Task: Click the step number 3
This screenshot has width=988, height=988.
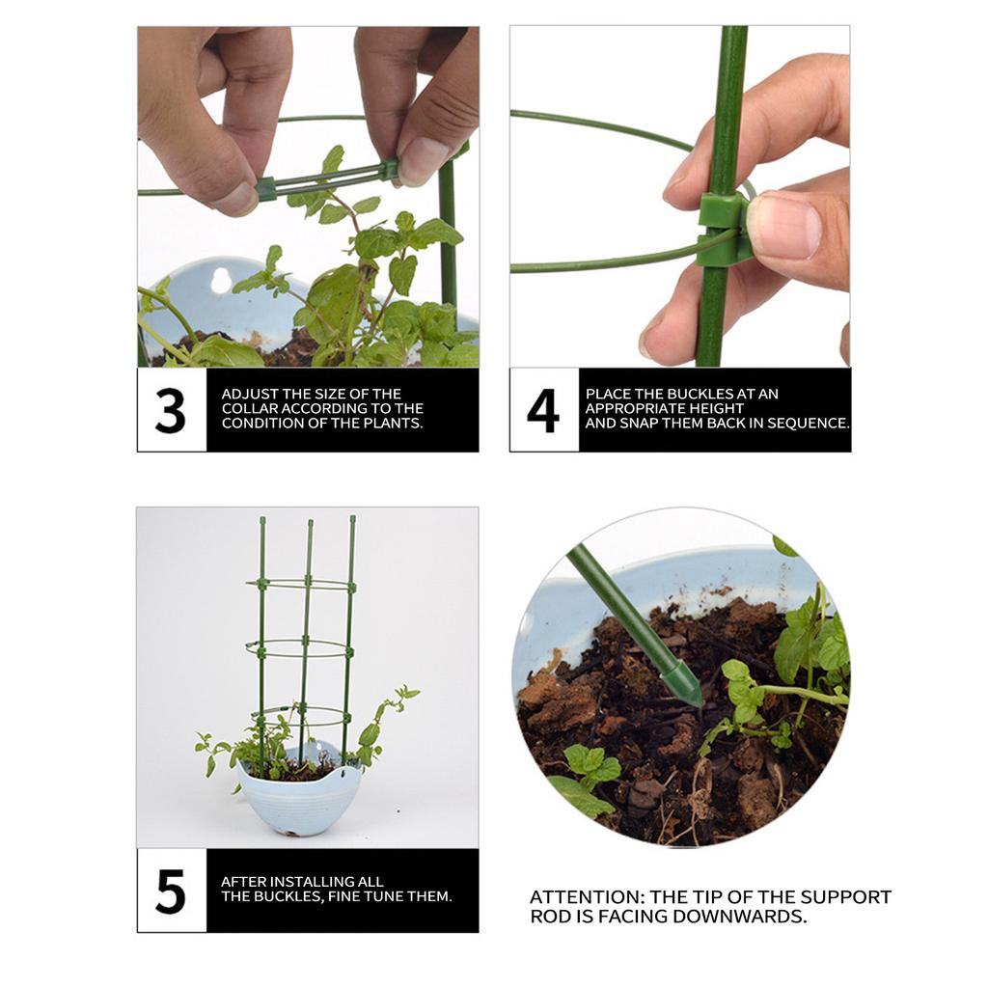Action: (x=171, y=410)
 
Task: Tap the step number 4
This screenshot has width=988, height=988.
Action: (x=543, y=410)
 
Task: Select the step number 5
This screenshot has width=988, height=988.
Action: (x=171, y=891)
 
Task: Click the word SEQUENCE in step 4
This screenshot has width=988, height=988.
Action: (x=807, y=423)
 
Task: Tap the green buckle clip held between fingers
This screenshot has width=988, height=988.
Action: (x=724, y=228)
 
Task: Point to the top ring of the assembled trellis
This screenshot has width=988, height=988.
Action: (x=302, y=585)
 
